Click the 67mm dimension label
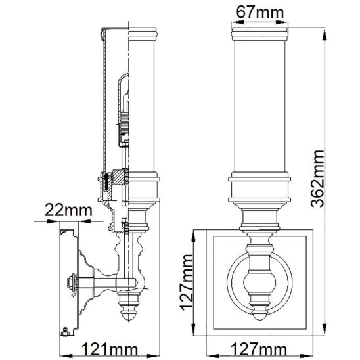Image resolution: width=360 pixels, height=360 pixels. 260,12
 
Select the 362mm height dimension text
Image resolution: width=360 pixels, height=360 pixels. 317,179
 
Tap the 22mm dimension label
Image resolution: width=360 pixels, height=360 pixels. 68,210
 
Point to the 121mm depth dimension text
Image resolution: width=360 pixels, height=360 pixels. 110,349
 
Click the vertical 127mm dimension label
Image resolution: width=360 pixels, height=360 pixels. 187,282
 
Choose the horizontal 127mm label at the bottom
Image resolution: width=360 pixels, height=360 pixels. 259,349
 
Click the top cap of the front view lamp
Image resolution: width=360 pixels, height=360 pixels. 259,34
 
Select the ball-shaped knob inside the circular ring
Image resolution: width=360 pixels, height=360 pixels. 259,282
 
